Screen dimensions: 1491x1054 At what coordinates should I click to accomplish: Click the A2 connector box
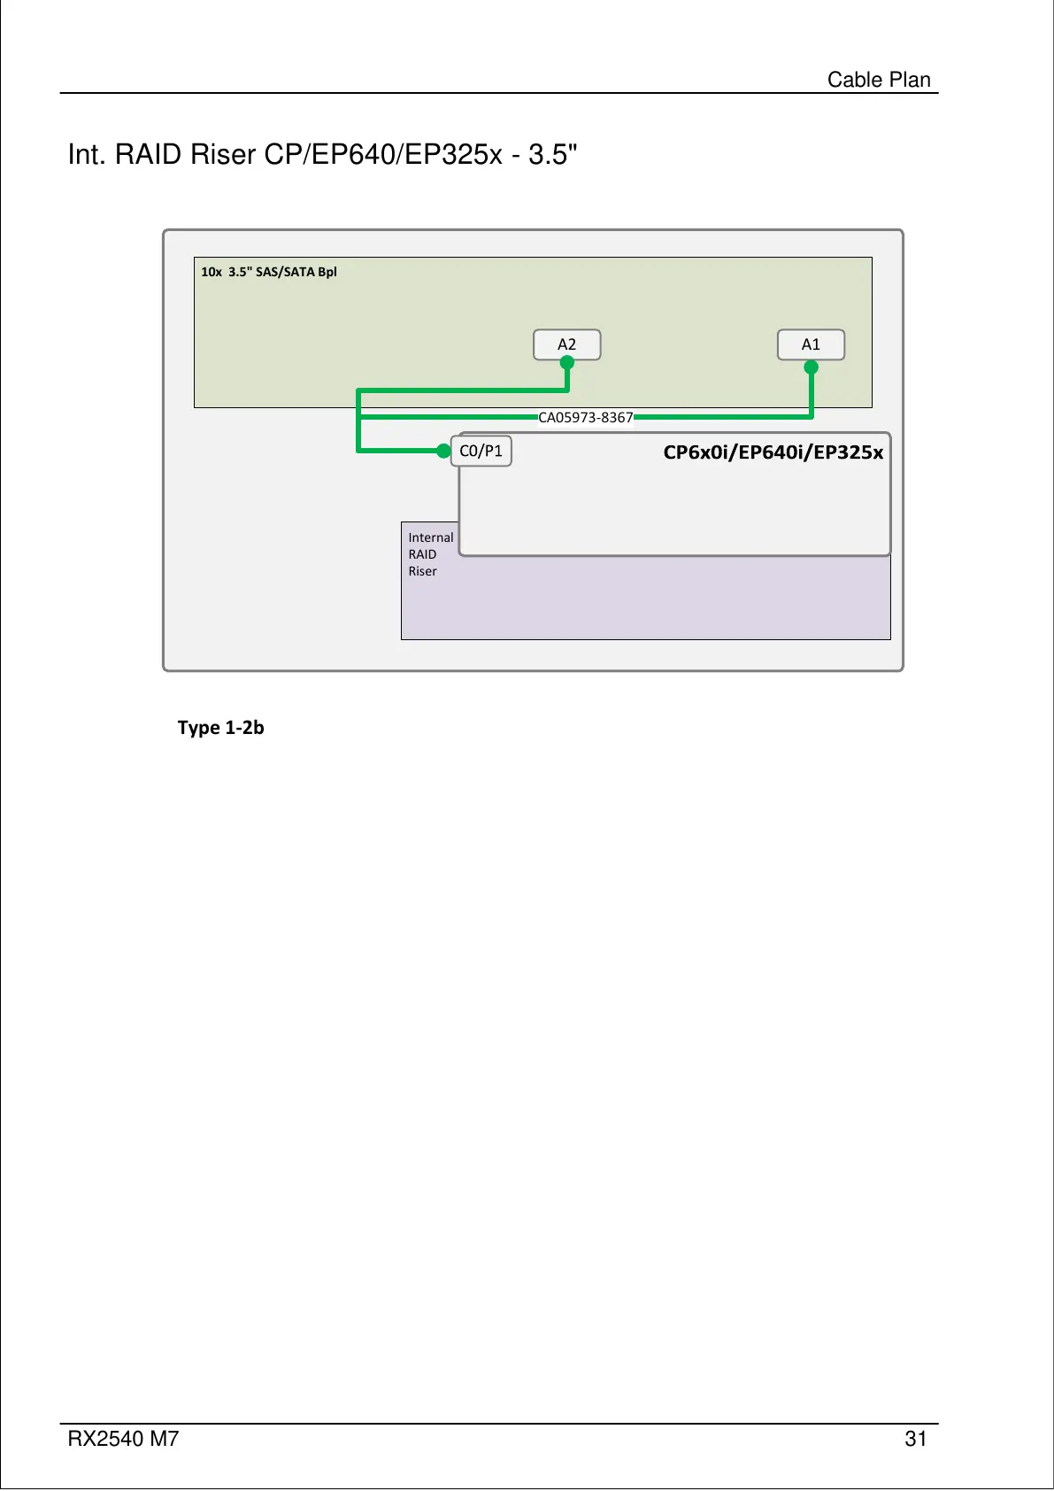(566, 344)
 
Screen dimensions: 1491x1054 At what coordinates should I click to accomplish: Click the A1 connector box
(811, 344)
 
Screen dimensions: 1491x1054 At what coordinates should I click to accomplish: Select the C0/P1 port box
(481, 451)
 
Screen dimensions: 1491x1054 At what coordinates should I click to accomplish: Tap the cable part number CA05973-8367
(586, 417)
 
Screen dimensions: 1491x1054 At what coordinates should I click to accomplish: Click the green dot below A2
(567, 362)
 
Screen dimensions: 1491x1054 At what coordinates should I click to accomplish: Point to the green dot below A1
(811, 367)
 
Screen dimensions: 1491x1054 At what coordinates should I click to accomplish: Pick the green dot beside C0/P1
(443, 451)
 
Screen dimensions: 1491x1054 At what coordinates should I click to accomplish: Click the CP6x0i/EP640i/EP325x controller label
(773, 452)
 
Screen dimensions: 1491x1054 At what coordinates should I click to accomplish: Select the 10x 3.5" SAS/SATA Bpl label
(269, 272)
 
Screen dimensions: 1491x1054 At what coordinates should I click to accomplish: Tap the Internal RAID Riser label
(430, 554)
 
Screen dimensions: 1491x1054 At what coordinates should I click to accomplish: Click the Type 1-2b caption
(220, 728)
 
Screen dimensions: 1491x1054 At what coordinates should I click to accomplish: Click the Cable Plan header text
(878, 80)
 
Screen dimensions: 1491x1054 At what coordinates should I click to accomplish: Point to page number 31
(915, 1439)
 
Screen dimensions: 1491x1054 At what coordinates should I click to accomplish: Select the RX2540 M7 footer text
(123, 1439)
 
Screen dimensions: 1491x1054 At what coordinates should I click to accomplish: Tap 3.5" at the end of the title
(553, 155)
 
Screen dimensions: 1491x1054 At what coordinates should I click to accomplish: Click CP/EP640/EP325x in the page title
(383, 155)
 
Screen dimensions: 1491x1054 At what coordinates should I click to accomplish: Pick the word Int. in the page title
(88, 155)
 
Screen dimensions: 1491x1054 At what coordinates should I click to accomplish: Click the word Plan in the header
(910, 80)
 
